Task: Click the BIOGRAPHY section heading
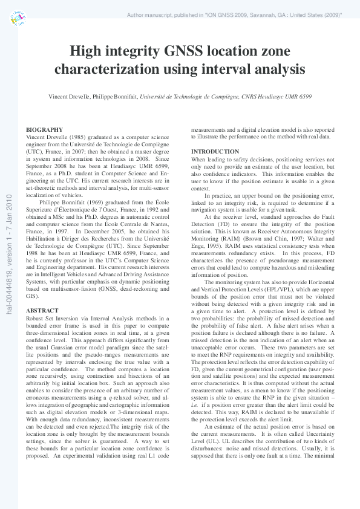coord(45,130)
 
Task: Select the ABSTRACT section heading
coord(42,310)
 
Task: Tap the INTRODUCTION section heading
coord(215,151)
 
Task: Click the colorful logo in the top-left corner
coord(19,20)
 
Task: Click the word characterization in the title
coord(108,70)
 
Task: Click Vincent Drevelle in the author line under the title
coord(67,96)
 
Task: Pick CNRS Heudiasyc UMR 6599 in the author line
coord(280,96)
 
